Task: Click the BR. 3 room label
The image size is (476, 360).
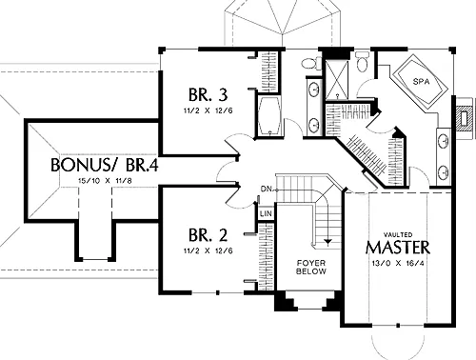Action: tap(208, 94)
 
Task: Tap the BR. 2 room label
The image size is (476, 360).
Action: tap(208, 235)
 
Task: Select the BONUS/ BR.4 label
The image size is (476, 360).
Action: tap(105, 165)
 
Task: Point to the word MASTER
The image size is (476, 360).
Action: tap(398, 248)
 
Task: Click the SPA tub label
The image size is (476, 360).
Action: tap(421, 82)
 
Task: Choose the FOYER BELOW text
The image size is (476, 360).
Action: tap(311, 268)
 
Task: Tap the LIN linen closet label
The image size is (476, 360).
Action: tap(266, 213)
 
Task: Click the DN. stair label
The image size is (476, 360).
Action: tap(267, 190)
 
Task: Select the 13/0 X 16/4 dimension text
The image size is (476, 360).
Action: tap(398, 263)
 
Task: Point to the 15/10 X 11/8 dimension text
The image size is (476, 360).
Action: tap(105, 181)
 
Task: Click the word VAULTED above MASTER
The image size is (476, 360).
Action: tap(398, 235)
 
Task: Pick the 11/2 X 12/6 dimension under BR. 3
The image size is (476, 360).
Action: tap(208, 110)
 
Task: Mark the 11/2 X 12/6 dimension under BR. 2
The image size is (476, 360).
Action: tap(208, 250)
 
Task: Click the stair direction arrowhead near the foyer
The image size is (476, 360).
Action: tap(327, 242)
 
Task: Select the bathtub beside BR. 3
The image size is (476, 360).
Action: tap(269, 115)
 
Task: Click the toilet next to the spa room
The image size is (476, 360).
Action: tap(362, 62)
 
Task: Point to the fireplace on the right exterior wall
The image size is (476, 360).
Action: tap(465, 118)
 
